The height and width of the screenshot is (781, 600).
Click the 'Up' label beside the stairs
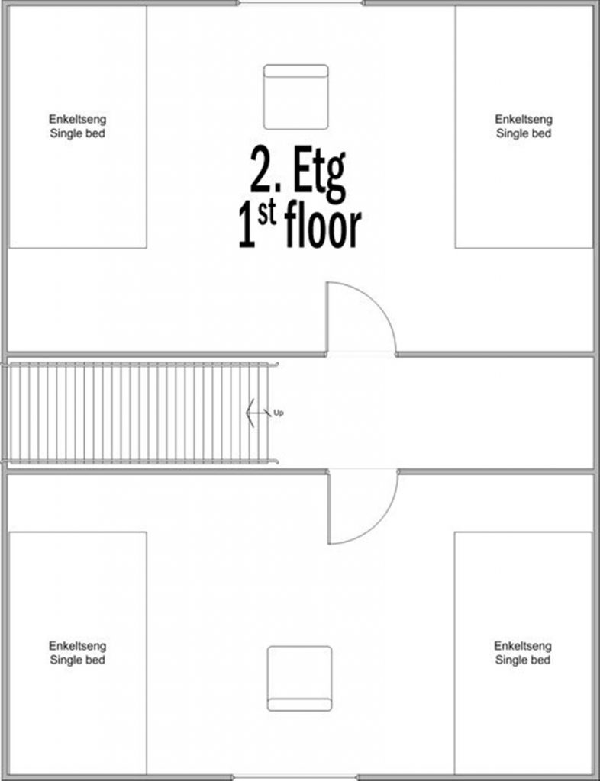(279, 413)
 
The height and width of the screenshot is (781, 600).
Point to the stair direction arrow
(259, 413)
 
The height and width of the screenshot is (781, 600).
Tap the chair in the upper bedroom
(296, 97)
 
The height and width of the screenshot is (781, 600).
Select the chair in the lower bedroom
(299, 678)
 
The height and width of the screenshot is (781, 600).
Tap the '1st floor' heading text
(299, 227)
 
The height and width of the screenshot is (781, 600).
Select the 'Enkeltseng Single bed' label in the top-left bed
(77, 126)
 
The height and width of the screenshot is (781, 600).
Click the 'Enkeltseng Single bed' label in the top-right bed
(524, 126)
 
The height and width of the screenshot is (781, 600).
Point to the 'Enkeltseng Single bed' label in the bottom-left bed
(77, 653)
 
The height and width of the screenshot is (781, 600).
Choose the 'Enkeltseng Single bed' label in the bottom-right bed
(523, 653)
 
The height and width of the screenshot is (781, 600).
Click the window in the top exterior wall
(301, 3)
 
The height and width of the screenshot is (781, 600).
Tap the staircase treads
(138, 413)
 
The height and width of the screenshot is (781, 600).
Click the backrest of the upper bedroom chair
(296, 71)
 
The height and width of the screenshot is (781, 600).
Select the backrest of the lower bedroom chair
(299, 705)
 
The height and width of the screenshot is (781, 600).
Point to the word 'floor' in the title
(323, 227)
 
